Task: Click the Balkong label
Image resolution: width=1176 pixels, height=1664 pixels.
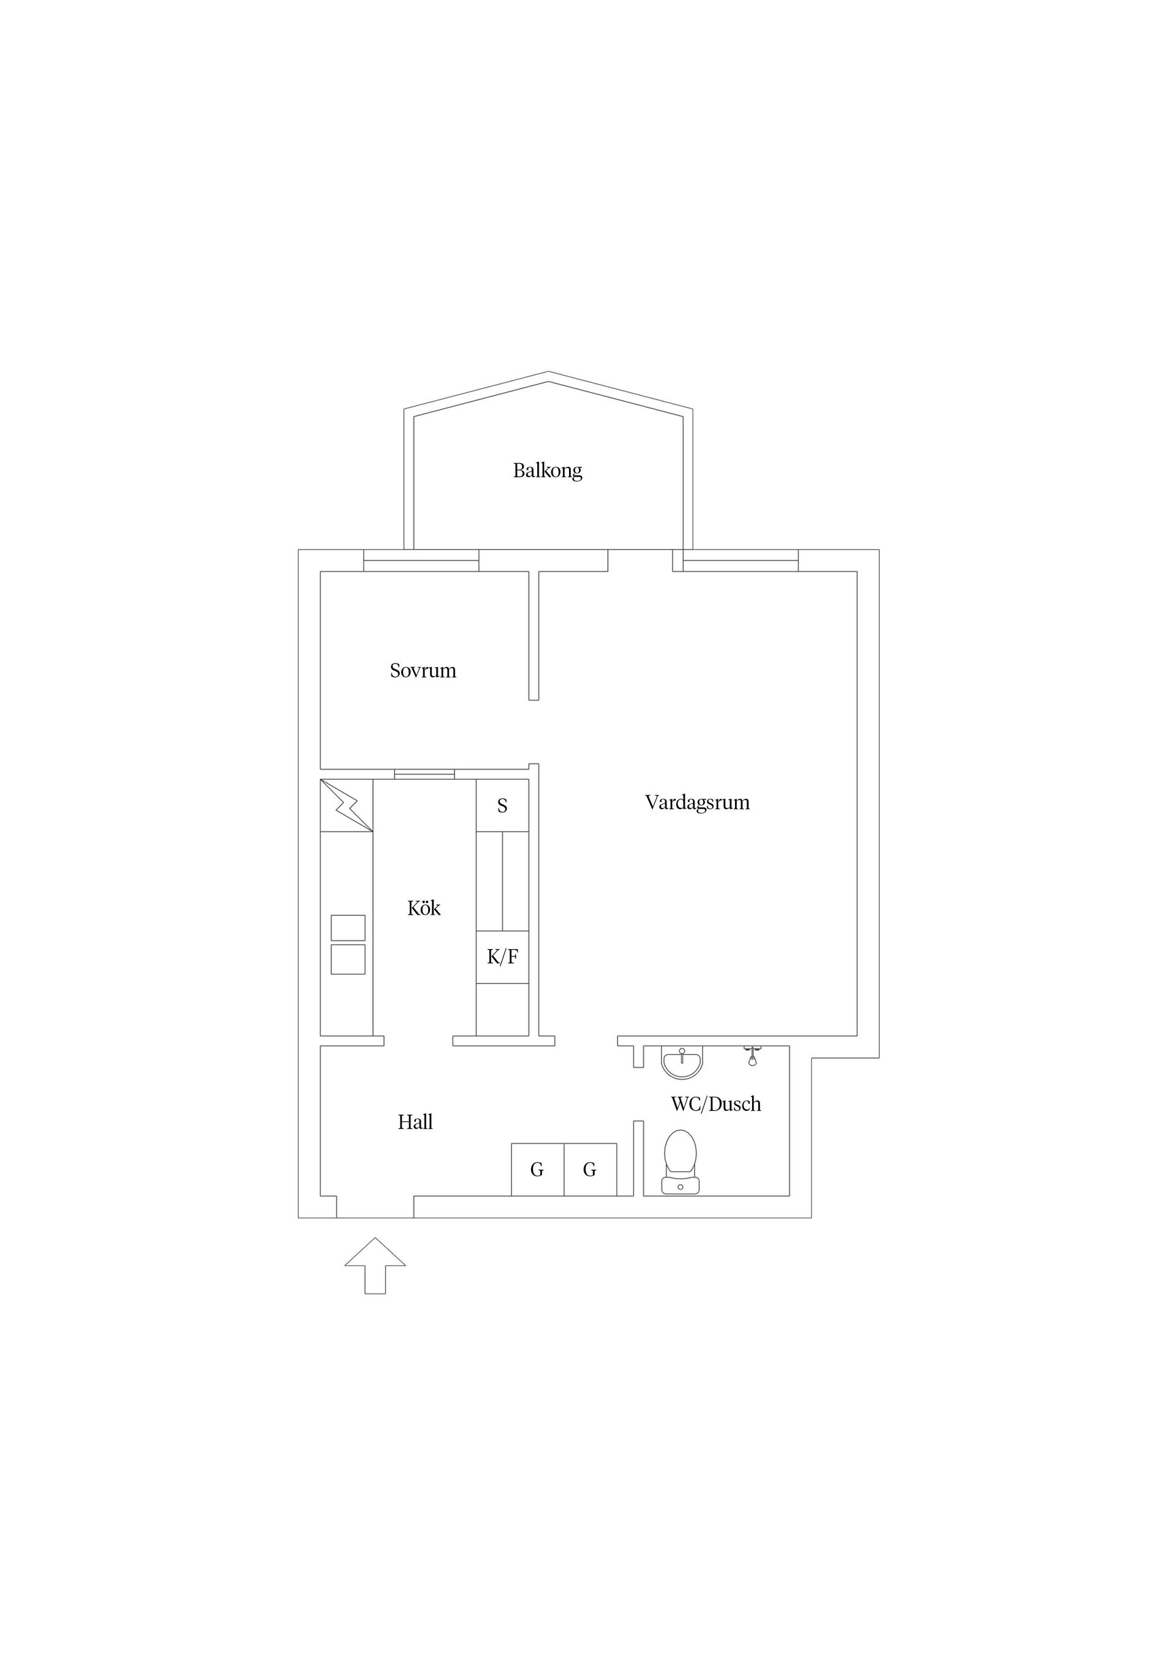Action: [547, 471]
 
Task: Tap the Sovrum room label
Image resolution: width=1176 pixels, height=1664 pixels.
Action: [423, 670]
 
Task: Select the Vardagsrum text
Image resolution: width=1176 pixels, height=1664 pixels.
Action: [697, 803]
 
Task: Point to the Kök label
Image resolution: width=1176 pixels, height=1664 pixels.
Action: [424, 908]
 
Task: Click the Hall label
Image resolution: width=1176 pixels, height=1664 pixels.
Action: [415, 1122]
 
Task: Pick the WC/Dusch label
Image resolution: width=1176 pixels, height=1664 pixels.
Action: [716, 1105]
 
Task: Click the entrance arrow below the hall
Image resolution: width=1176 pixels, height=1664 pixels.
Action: [375, 1265]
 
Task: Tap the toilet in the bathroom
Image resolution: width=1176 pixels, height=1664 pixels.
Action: [680, 1162]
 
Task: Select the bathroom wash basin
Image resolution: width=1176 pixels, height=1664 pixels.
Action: [682, 1062]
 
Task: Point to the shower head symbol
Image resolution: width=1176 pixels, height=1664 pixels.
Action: [753, 1056]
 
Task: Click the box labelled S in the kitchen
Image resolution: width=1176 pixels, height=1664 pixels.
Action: [502, 805]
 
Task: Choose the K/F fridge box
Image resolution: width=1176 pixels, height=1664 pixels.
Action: [502, 958]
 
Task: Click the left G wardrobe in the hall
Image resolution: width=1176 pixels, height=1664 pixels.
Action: [538, 1170]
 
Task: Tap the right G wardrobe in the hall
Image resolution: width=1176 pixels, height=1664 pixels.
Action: [590, 1170]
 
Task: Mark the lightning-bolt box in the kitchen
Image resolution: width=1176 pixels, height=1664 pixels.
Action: [346, 805]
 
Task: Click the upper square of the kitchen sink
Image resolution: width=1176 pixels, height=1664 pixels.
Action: [348, 928]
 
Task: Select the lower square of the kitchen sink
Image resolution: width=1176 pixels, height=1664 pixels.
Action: [348, 959]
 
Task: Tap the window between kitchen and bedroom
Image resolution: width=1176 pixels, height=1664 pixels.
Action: [424, 774]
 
